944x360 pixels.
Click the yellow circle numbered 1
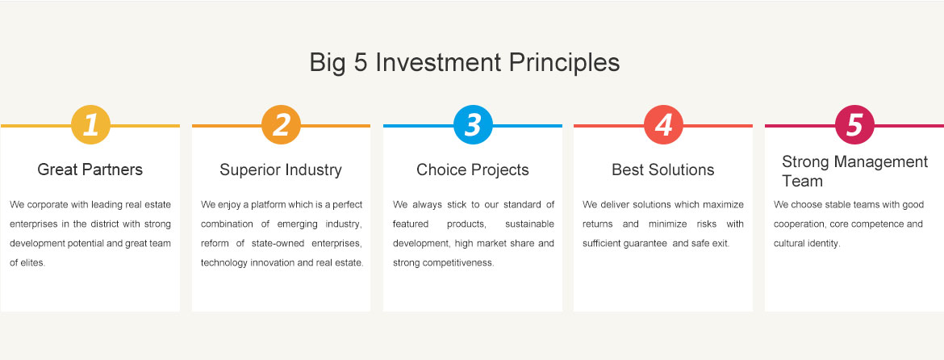coord(90,124)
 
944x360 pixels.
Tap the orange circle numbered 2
coord(281,124)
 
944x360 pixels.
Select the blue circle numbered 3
coord(473,124)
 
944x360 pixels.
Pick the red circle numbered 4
coord(663,124)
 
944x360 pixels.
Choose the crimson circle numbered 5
coord(854,124)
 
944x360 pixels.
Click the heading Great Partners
coord(90,170)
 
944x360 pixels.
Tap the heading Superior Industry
coord(281,170)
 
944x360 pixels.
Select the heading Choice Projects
coord(473,170)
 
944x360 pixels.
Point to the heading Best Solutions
coord(663,170)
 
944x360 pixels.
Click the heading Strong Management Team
coord(855,171)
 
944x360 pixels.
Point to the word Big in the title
coord(328,64)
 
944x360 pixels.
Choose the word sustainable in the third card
coord(530,224)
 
